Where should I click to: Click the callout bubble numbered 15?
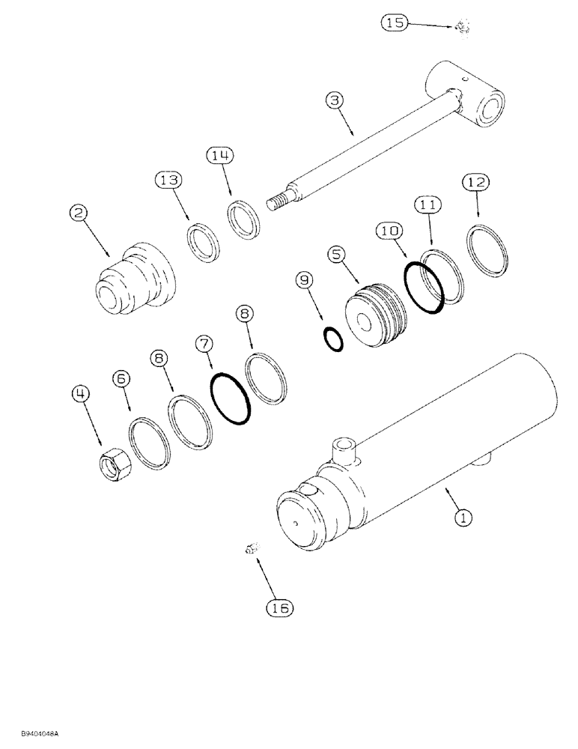click(x=395, y=23)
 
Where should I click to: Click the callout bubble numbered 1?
click(x=464, y=516)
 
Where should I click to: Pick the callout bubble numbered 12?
click(x=476, y=182)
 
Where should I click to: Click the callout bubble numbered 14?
click(x=221, y=156)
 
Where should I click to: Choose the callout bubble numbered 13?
click(x=168, y=180)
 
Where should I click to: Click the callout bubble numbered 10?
click(x=389, y=233)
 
